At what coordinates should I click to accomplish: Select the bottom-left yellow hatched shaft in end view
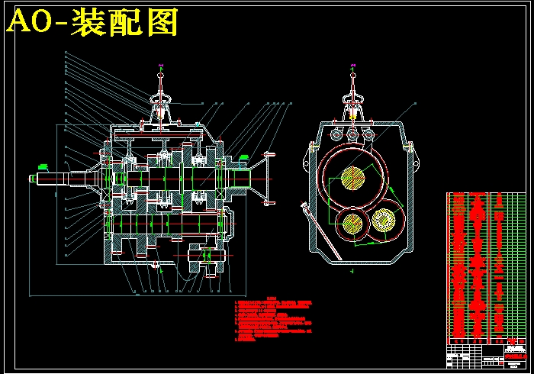352,223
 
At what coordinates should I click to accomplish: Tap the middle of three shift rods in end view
353,134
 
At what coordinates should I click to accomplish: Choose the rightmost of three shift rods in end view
370,134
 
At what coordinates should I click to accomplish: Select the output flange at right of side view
267,179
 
